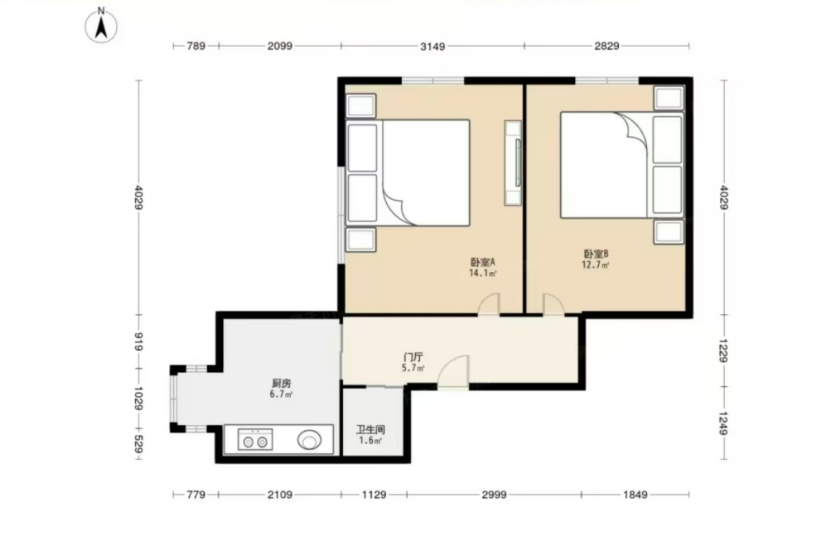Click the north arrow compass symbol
[101, 26]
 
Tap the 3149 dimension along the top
[433, 46]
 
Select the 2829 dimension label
[606, 46]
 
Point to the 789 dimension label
[196, 46]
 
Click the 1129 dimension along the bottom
[374, 494]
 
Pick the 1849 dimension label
[635, 494]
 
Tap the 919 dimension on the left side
[139, 341]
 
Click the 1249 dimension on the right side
[724, 423]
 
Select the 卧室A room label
[482, 262]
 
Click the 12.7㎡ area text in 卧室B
[595, 265]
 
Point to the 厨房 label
[282, 383]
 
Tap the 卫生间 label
[371, 429]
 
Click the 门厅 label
[413, 357]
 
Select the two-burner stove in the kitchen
[255, 439]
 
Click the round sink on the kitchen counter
[309, 440]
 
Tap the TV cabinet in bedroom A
[513, 163]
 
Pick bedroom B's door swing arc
[556, 299]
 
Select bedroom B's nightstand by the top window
[669, 98]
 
